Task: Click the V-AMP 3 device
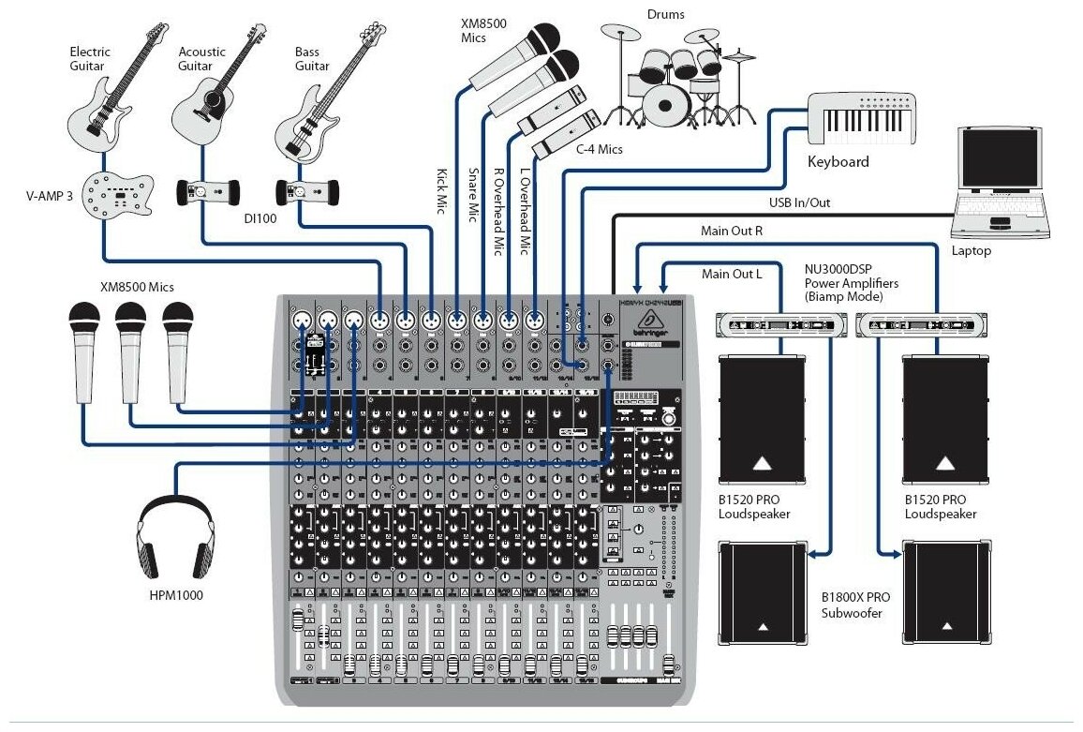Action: click(x=117, y=196)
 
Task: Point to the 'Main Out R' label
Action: click(x=732, y=231)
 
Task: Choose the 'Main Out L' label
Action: click(x=732, y=274)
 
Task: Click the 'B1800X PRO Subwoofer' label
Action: click(x=856, y=605)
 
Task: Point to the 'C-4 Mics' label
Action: click(x=599, y=149)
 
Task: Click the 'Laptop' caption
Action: click(x=971, y=251)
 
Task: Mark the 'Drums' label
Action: click(x=665, y=14)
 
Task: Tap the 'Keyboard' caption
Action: click(x=838, y=161)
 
